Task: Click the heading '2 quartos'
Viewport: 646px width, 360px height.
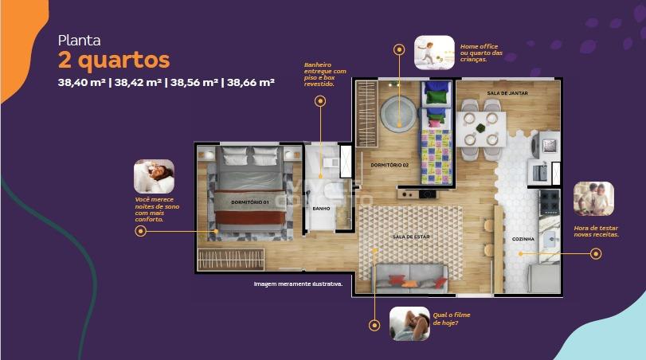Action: click(x=114, y=61)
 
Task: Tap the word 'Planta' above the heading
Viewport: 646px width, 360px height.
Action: click(x=79, y=41)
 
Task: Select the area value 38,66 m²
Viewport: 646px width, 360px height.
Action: click(x=251, y=82)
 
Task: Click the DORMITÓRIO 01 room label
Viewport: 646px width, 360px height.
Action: click(x=249, y=202)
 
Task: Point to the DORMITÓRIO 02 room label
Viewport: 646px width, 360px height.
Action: click(x=390, y=165)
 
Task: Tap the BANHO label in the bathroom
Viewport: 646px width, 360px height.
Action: click(x=321, y=209)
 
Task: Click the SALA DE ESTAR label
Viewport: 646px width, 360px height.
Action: click(x=411, y=237)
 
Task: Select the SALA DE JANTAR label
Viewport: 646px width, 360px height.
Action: click(x=507, y=93)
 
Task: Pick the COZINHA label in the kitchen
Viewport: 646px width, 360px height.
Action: click(x=523, y=239)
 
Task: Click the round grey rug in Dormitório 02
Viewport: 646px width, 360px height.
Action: click(x=398, y=114)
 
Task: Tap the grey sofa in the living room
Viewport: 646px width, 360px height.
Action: click(x=411, y=279)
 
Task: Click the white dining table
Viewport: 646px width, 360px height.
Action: click(x=481, y=129)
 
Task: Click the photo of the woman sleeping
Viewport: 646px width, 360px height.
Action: click(x=154, y=176)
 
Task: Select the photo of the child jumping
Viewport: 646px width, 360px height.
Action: click(x=434, y=53)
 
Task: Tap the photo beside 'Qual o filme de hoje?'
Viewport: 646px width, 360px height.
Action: click(x=409, y=323)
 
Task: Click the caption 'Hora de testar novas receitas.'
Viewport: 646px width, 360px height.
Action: click(x=596, y=231)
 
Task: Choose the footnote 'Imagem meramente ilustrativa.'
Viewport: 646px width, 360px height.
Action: click(x=298, y=284)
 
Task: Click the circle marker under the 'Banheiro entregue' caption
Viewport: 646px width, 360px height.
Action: click(x=320, y=101)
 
